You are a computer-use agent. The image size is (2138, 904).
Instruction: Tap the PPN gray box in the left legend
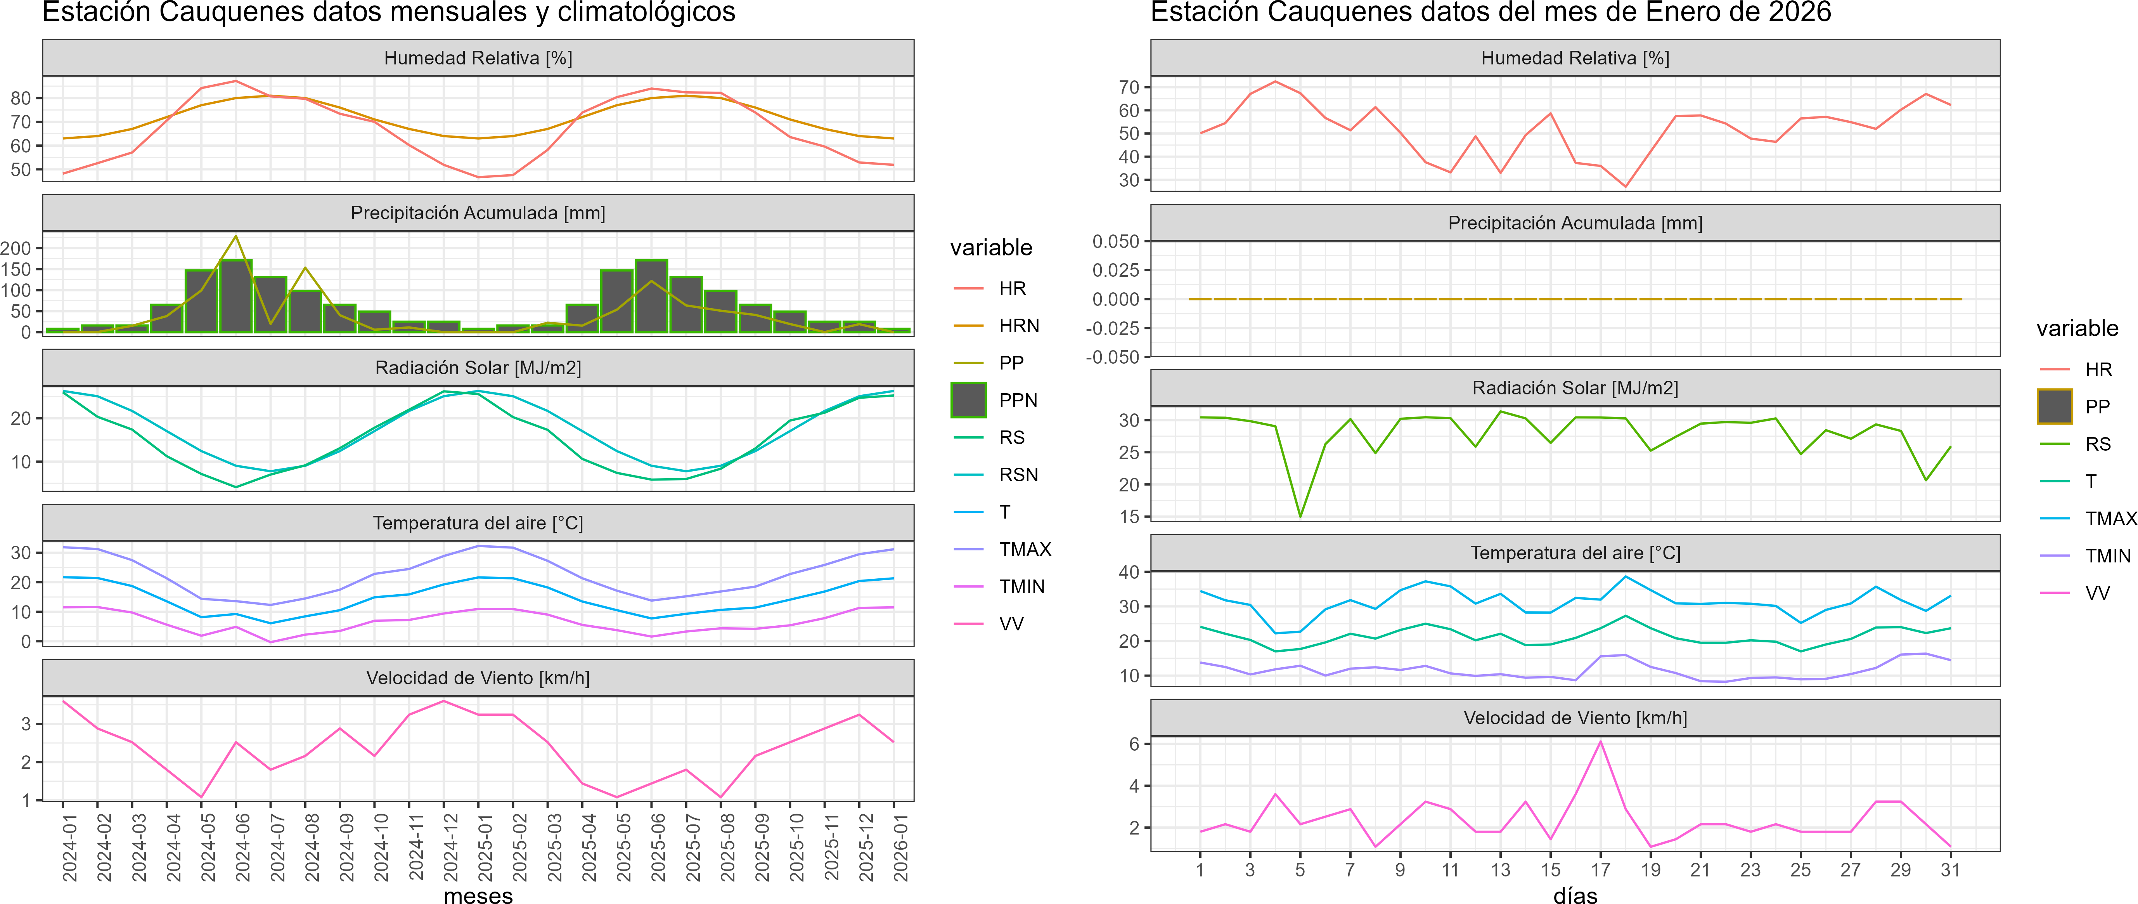point(969,400)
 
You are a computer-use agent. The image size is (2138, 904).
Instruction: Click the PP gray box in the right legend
point(2055,407)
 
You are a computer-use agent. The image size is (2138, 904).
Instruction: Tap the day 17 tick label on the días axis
point(1600,870)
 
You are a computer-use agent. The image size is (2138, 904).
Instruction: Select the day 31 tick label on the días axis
point(1951,870)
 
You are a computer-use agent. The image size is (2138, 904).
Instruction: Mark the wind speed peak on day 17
point(1600,741)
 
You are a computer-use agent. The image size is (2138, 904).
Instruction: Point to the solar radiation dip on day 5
point(1300,516)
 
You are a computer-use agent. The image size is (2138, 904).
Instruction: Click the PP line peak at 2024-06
point(236,237)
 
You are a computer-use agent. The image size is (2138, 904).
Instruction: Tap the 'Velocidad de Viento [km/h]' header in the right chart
point(1575,718)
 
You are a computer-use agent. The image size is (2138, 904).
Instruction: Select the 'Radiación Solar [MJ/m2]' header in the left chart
point(478,368)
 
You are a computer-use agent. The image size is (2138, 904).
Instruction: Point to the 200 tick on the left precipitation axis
point(16,248)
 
